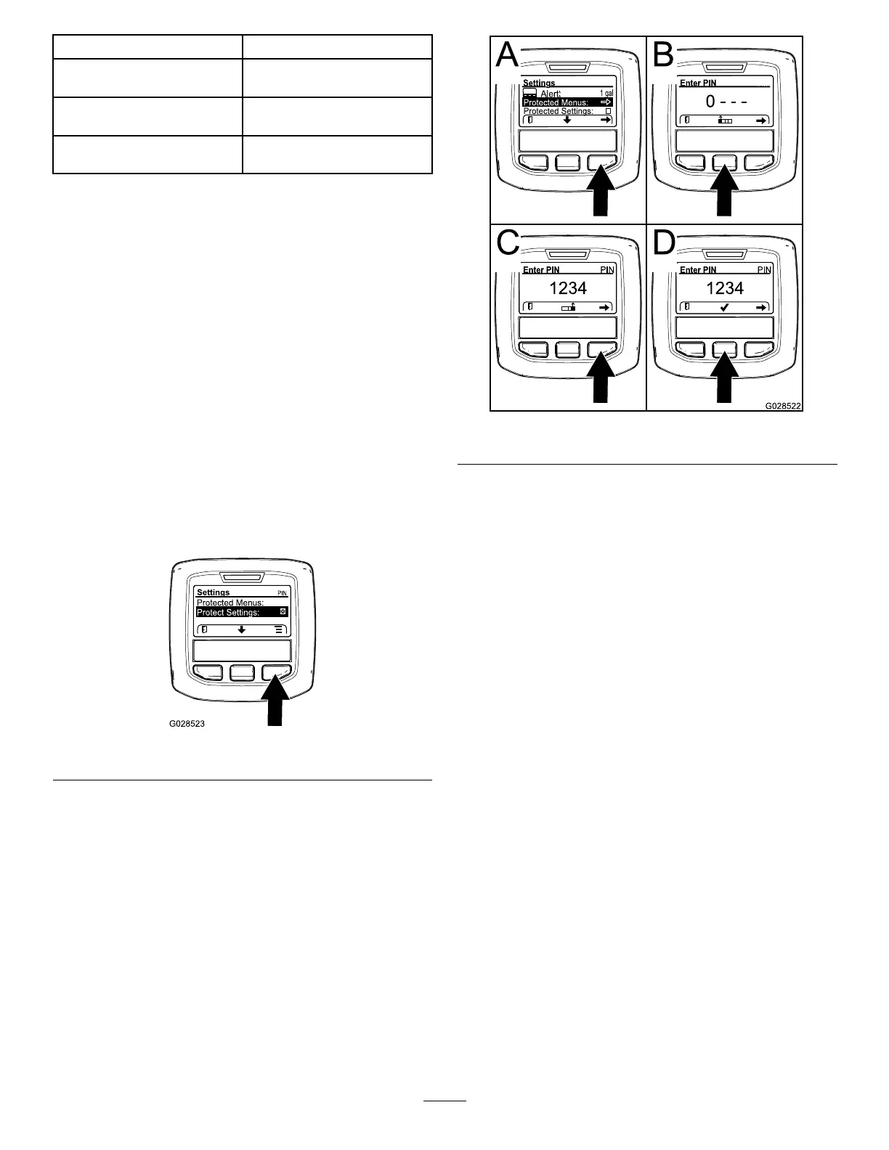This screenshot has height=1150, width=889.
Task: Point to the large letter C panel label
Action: tap(508, 242)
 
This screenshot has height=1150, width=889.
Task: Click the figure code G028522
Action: tap(782, 406)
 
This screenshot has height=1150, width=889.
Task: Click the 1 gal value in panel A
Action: tap(606, 94)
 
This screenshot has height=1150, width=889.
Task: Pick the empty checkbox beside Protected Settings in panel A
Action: tap(609, 111)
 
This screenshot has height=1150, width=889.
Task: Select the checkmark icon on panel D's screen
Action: tap(725, 307)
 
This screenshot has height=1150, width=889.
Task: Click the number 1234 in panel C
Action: tap(568, 288)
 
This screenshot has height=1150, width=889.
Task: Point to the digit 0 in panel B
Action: tap(710, 102)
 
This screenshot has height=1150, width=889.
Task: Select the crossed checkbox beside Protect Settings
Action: tap(283, 612)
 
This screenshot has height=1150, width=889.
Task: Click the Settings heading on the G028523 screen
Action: tap(213, 592)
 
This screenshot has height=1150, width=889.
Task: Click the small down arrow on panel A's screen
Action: tap(567, 120)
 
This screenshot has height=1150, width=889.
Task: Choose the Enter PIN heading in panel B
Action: tap(698, 83)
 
